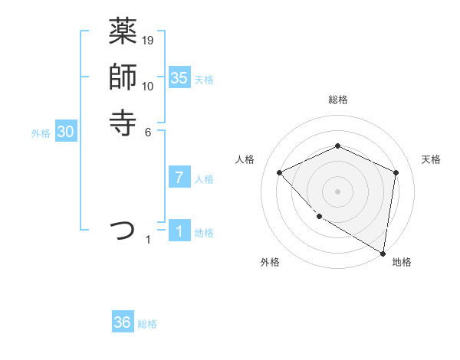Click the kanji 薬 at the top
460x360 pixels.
click(123, 32)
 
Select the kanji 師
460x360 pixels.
click(123, 77)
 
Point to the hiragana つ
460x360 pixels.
click(123, 230)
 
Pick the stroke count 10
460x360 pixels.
click(148, 86)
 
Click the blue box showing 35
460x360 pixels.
click(179, 78)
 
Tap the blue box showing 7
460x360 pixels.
click(179, 178)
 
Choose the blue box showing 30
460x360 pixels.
click(66, 133)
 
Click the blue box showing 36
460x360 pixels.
click(123, 322)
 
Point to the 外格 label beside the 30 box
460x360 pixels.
click(41, 133)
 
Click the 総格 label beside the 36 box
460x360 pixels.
click(147, 324)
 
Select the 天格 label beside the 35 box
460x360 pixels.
click(204, 79)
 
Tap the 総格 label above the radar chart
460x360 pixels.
click(337, 100)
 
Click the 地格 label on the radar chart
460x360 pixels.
click(402, 262)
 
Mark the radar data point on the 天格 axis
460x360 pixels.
click(396, 172)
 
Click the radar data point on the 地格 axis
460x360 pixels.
click(383, 253)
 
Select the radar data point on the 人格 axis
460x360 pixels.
click(280, 172)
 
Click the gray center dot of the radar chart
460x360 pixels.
click(337, 191)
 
